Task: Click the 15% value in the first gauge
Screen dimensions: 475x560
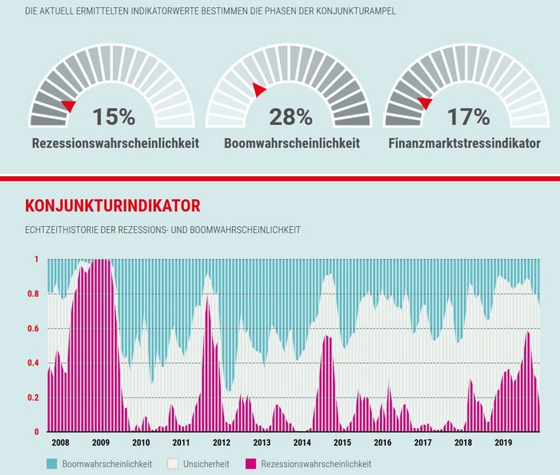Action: coord(114,117)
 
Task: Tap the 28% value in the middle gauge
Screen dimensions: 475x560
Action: coord(290,117)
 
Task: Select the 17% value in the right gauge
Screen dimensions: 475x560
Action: coord(468,117)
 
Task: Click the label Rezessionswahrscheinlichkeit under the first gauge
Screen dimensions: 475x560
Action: coord(115,143)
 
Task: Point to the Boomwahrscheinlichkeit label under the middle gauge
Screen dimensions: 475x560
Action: coord(292,143)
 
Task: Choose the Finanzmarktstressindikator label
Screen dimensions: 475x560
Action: coord(464,143)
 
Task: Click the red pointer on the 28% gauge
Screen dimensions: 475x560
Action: coord(259,90)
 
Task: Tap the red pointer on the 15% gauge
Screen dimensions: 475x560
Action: coord(69,106)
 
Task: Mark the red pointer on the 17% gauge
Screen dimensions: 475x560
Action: coord(425,103)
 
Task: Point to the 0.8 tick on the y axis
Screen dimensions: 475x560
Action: coord(34,294)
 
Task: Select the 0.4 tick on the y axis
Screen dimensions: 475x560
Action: coord(34,363)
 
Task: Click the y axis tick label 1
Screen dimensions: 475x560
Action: coord(36,260)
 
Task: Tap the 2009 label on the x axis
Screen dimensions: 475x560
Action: coord(101,443)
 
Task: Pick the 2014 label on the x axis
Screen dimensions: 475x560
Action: coord(302,443)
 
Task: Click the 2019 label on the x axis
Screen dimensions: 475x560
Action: coord(503,443)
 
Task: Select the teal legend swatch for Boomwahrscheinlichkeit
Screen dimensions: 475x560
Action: coord(52,464)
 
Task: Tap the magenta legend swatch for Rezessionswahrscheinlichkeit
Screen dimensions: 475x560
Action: coord(250,464)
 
